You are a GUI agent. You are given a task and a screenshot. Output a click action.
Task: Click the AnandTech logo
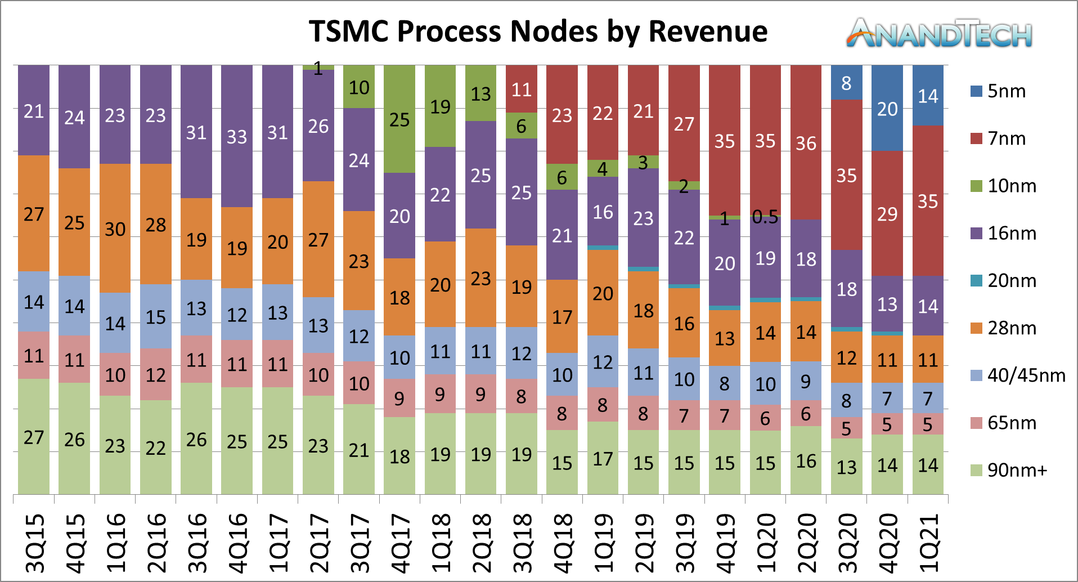[939, 33]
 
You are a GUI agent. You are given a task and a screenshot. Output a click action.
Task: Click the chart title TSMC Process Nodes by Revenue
[538, 32]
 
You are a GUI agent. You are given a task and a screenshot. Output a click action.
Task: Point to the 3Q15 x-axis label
[35, 543]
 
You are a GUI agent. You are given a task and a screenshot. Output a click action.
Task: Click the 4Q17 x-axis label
[400, 543]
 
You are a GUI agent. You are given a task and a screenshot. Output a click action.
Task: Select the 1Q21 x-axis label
[928, 543]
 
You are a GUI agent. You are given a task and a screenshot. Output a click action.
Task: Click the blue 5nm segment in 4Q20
[887, 108]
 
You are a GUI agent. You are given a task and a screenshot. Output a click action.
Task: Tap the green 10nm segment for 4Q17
[399, 119]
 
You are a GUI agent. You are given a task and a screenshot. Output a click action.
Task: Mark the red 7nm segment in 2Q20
[806, 143]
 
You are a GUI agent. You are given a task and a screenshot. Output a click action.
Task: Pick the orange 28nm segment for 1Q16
[115, 229]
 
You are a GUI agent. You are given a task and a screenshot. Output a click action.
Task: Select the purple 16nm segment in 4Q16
[237, 136]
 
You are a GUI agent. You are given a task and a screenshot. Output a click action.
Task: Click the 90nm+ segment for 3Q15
[34, 437]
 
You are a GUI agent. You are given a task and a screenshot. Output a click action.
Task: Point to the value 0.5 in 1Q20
[765, 217]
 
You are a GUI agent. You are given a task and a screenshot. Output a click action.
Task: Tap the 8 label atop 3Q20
[846, 83]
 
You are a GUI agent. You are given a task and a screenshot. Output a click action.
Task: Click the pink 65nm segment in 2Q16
[156, 374]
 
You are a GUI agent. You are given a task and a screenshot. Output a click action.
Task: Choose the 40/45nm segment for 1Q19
[603, 361]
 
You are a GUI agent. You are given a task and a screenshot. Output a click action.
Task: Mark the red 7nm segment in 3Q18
[522, 89]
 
